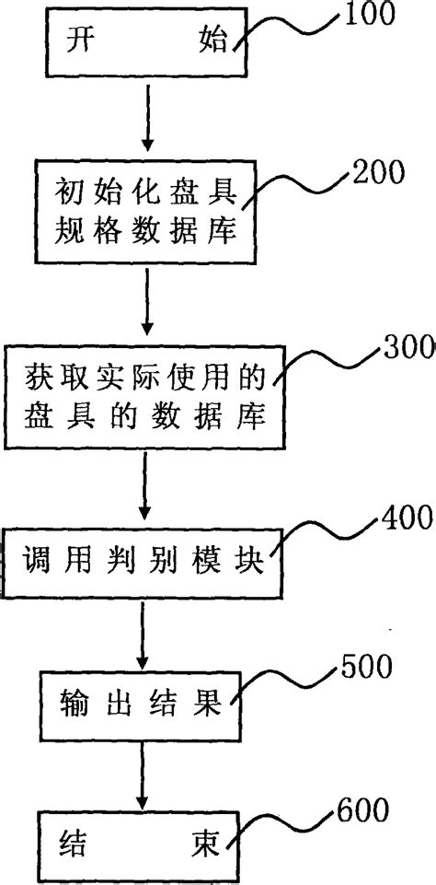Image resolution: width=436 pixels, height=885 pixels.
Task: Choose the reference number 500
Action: tap(365, 663)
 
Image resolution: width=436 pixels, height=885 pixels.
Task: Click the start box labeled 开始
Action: tap(148, 42)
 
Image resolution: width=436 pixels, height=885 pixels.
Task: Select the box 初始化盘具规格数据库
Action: tap(147, 213)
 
